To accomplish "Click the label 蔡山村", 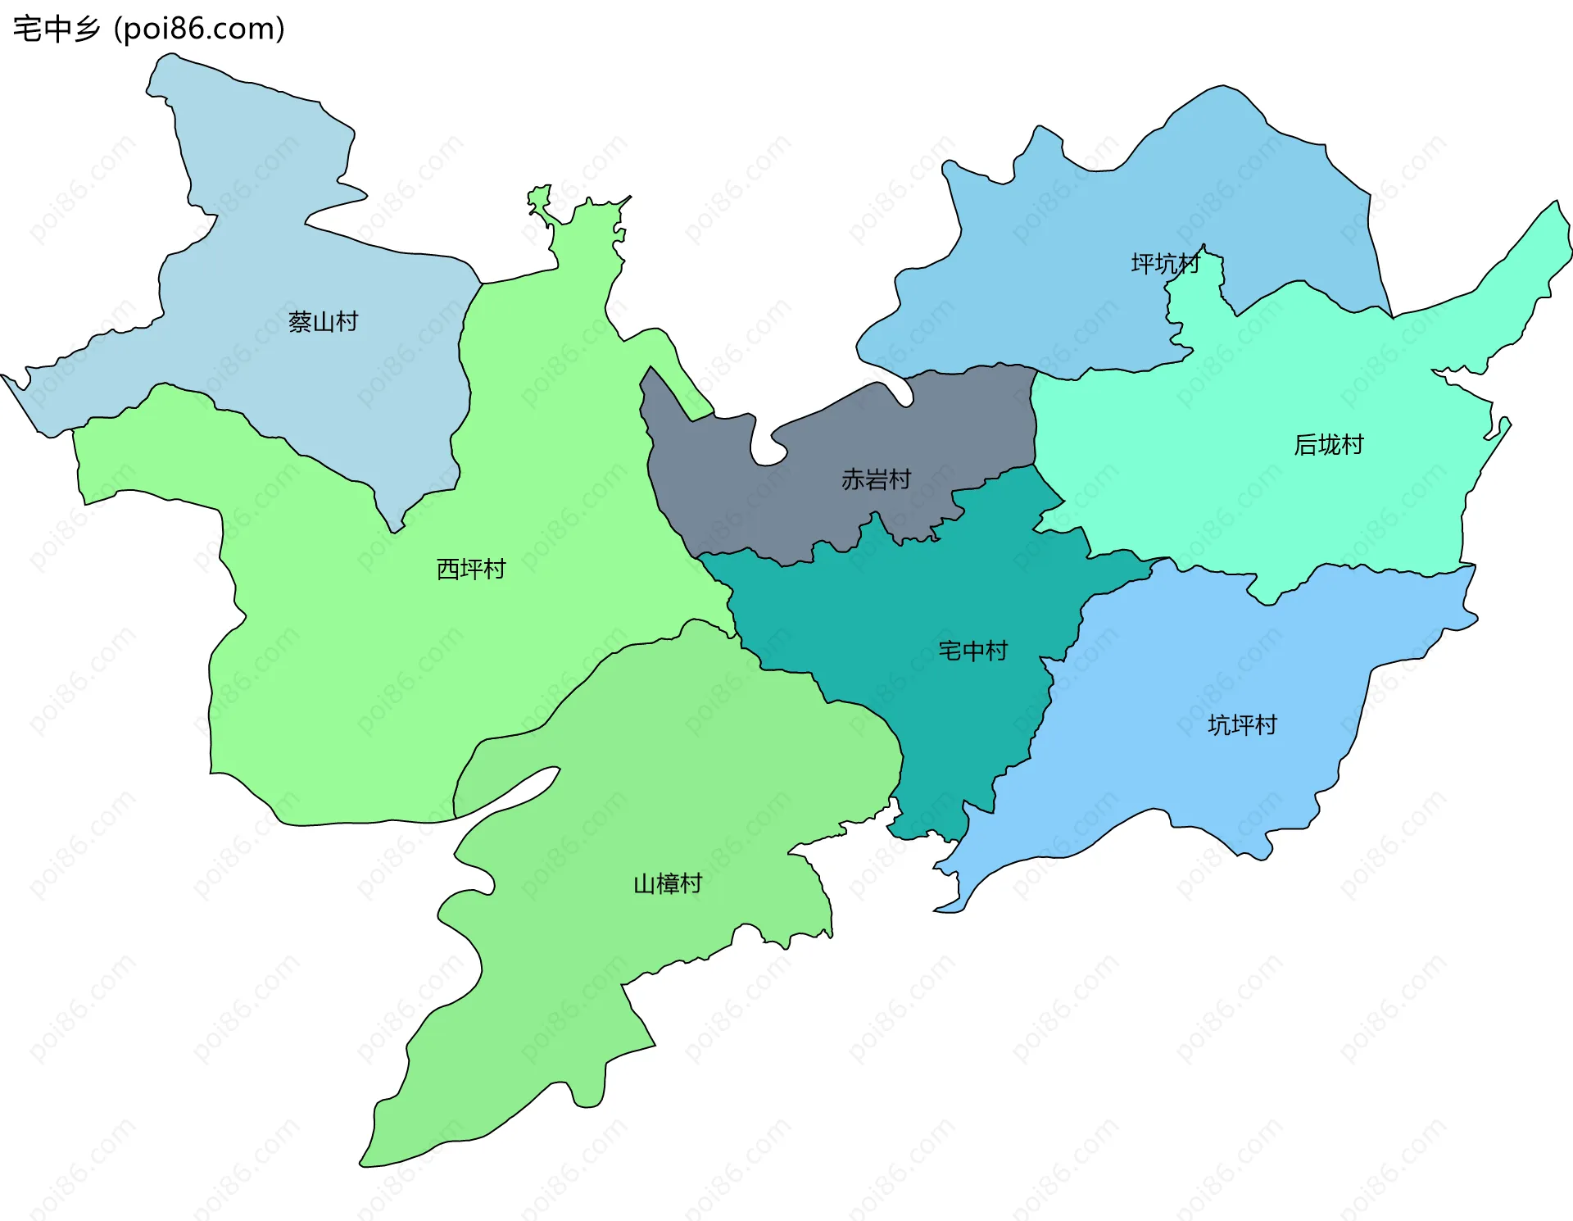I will click(x=323, y=321).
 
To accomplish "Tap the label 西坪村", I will click(x=471, y=569).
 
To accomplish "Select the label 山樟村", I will click(x=668, y=883).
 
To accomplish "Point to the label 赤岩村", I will click(x=876, y=479).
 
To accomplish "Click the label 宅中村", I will click(x=972, y=651).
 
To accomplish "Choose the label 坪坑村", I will click(x=1165, y=263).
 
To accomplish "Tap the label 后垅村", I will click(x=1328, y=444).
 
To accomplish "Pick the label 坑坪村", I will click(x=1242, y=724).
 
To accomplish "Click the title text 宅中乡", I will click(x=57, y=30).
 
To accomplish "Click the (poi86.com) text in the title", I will click(x=199, y=30).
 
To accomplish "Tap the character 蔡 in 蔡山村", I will click(x=300, y=321).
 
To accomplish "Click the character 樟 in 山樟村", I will click(x=669, y=883).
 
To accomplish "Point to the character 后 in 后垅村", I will click(x=1305, y=444).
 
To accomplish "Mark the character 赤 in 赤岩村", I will click(x=853, y=479).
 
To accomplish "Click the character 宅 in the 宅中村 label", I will click(x=950, y=651).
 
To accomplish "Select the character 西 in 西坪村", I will click(x=448, y=569).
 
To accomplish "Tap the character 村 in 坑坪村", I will click(x=1266, y=724).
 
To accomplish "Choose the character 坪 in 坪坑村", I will click(x=1142, y=263).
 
